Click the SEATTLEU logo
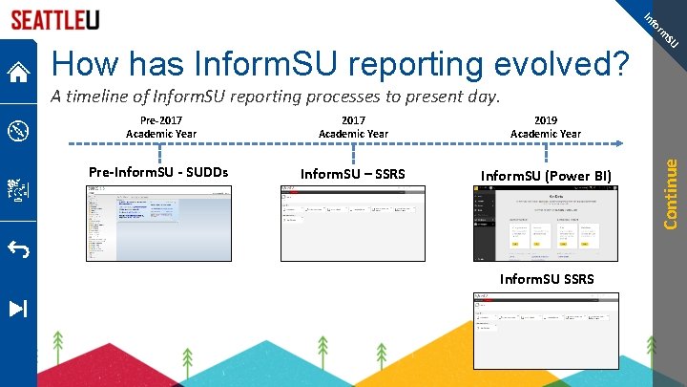55,19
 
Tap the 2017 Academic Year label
353,126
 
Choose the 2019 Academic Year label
546,126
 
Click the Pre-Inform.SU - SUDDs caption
158,173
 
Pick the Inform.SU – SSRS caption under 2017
353,174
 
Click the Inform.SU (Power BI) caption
546,175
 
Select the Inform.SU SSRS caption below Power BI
547,279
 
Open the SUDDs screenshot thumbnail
158,224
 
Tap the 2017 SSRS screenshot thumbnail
353,224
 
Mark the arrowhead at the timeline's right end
624,143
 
